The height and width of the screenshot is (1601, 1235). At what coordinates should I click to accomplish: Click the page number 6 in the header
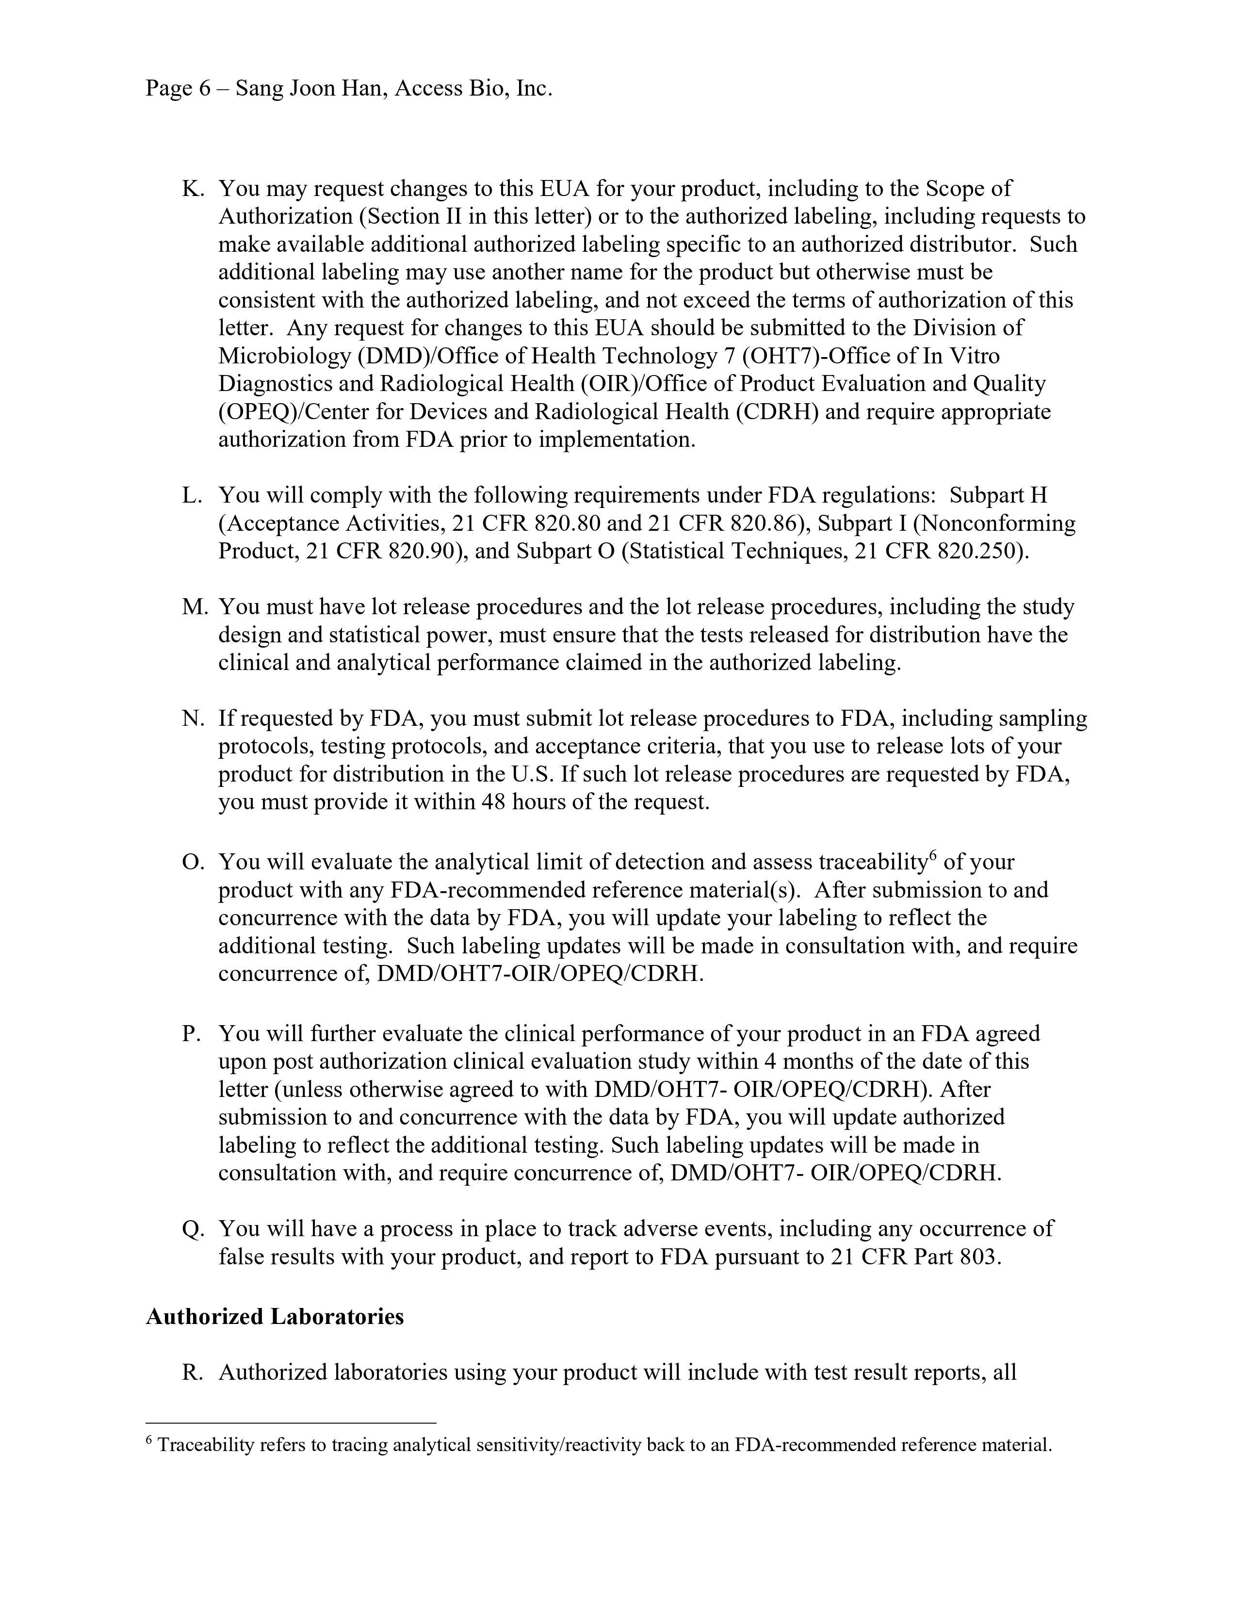(204, 89)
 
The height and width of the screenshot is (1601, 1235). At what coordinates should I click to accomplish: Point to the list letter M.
(194, 607)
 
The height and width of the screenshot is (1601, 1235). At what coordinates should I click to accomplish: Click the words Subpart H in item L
(998, 495)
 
